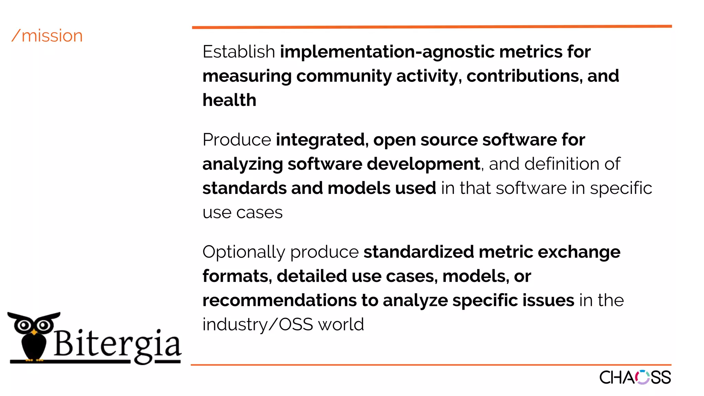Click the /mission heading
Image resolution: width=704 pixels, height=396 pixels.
click(47, 36)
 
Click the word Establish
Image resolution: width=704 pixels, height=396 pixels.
click(239, 52)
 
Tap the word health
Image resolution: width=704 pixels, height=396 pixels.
click(229, 100)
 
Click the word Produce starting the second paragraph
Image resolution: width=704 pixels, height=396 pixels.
click(237, 140)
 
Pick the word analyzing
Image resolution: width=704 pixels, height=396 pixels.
click(243, 164)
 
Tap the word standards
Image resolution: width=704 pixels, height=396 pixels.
click(244, 188)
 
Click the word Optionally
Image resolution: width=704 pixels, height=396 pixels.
click(244, 252)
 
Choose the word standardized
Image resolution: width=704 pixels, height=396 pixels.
click(419, 252)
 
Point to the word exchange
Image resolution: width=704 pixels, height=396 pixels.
click(579, 252)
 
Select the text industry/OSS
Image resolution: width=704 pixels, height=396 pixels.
click(257, 324)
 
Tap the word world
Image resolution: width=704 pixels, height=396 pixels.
click(341, 324)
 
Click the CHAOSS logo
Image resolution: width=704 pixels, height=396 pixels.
click(635, 377)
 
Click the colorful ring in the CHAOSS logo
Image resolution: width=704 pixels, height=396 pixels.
click(642, 377)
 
